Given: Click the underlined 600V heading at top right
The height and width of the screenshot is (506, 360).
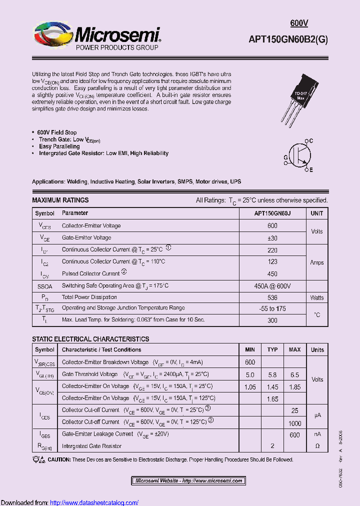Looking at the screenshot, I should (299, 23).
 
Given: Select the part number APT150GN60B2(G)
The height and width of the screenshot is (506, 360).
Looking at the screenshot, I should (288, 41).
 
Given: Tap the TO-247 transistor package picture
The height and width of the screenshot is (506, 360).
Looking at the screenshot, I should (298, 97).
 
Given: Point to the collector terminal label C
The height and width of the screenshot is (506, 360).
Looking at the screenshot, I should (310, 141).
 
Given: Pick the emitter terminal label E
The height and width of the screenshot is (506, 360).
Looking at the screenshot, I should (310, 170).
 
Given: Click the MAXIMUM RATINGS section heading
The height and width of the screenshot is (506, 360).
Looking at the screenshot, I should (60, 200).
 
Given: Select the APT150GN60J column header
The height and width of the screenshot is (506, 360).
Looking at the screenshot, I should (272, 213).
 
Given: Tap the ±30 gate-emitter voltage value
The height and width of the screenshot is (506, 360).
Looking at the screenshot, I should (272, 238).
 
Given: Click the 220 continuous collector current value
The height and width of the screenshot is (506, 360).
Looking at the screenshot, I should (272, 249).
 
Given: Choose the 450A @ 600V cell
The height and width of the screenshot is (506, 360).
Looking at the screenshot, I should (272, 286).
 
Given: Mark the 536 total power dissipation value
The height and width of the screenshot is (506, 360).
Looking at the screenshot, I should (272, 297).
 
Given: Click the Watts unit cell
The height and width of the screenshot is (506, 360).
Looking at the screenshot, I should (316, 297).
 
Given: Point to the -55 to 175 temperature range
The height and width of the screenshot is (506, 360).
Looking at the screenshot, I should (272, 309).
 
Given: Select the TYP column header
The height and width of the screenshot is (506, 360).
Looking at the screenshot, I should (272, 349).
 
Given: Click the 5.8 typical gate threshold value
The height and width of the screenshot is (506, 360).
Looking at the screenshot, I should (272, 374).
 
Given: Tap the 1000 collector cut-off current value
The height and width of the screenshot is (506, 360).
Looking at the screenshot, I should (294, 422).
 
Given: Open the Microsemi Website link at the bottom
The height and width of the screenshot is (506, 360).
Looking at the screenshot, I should (188, 481).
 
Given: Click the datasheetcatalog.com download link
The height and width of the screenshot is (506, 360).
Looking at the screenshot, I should (94, 502).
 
